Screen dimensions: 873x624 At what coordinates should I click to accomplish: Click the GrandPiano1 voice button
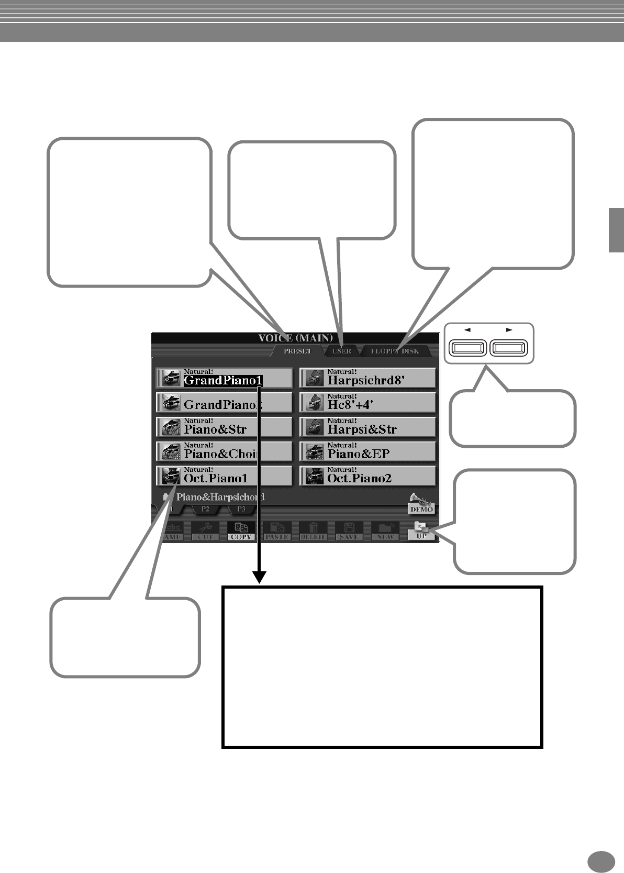click(x=224, y=378)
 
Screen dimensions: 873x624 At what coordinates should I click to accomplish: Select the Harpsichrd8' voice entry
click(x=367, y=378)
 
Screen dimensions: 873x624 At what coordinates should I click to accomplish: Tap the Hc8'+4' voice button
click(x=367, y=402)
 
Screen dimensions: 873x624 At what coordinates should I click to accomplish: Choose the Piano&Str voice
click(x=224, y=427)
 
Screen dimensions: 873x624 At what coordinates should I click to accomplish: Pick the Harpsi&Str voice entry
click(x=367, y=427)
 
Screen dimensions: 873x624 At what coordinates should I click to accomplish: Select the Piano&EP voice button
click(x=367, y=451)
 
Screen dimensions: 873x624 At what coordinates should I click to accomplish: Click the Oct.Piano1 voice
click(x=224, y=476)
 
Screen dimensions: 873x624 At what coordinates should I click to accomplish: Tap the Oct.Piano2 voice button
click(x=367, y=476)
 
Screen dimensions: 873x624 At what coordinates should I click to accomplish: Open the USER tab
click(x=342, y=351)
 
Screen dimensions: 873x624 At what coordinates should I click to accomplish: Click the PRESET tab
click(x=297, y=351)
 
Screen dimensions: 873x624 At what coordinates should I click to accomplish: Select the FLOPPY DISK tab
click(x=395, y=351)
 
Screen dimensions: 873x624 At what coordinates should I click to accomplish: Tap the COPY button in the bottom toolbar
click(x=241, y=531)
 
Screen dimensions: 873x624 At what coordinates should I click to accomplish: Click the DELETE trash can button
click(x=313, y=531)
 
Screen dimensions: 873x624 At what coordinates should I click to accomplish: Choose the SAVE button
click(x=349, y=531)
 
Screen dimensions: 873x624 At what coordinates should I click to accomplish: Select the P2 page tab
click(x=206, y=509)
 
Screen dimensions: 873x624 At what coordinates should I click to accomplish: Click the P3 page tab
click(x=241, y=509)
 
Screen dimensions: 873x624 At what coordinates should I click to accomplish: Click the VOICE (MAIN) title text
click(x=295, y=338)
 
